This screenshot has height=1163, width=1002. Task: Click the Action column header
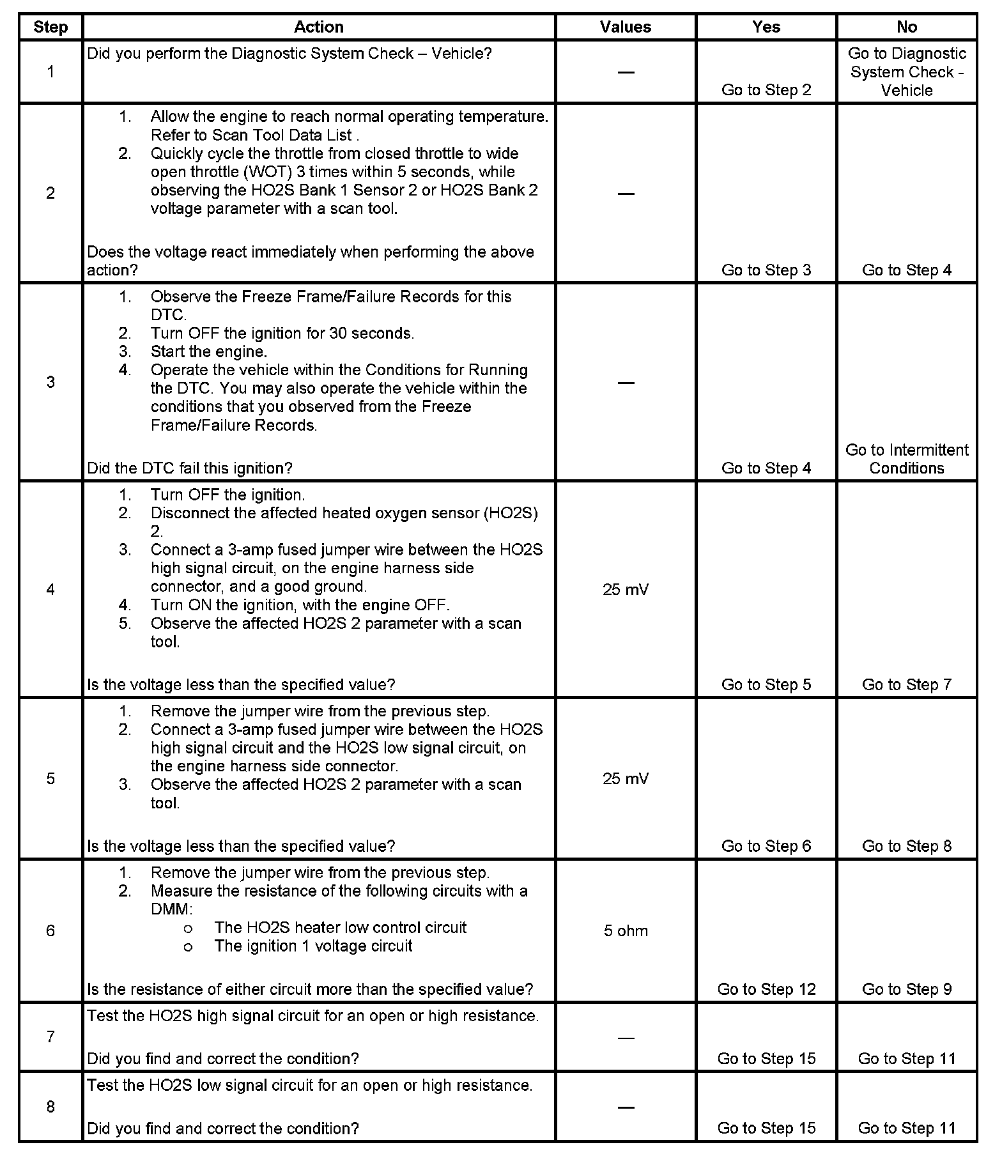tap(318, 27)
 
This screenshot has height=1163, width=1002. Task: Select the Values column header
tap(625, 27)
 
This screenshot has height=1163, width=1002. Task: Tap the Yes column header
tap(766, 27)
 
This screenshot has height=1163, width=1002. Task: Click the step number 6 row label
tap(50, 930)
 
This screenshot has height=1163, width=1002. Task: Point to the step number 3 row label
tap(50, 382)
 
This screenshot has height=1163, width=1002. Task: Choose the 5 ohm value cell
tap(625, 930)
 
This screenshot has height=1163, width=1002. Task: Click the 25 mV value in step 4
tap(625, 589)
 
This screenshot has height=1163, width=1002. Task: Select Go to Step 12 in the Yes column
tap(766, 989)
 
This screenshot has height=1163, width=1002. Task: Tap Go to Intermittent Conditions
tap(906, 459)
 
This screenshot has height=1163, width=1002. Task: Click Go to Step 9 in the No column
tap(906, 989)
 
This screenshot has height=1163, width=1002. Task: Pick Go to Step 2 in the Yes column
tap(766, 90)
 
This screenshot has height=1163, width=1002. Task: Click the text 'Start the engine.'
tap(209, 351)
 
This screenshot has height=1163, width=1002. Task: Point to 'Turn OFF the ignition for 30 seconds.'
tap(282, 333)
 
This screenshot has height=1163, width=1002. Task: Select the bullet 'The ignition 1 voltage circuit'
tap(313, 946)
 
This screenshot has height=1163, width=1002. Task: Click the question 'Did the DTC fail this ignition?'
tap(189, 468)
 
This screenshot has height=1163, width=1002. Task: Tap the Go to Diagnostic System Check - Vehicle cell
tap(906, 72)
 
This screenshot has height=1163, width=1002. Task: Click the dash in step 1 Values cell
tap(625, 72)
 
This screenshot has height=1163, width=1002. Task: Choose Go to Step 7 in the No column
tap(906, 684)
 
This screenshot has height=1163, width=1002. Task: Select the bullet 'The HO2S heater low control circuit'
tap(340, 927)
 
